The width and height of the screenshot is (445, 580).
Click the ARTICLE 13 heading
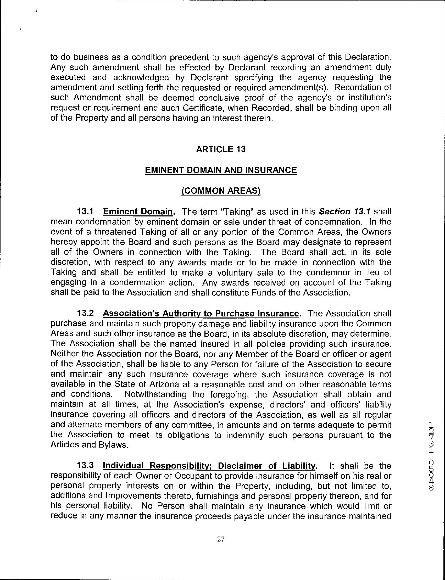pos(221,149)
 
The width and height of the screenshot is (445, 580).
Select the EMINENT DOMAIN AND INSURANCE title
pos(221,170)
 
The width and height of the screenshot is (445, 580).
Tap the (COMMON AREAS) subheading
pos(221,191)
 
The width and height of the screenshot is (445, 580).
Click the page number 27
pos(221,539)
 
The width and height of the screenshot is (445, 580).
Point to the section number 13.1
pos(85,211)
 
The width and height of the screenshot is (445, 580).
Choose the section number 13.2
pos(85,313)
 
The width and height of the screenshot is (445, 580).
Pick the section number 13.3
pos(85,466)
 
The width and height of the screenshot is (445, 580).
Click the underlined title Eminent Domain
pos(137,211)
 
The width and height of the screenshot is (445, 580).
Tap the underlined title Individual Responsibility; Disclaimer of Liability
pos(209,466)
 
